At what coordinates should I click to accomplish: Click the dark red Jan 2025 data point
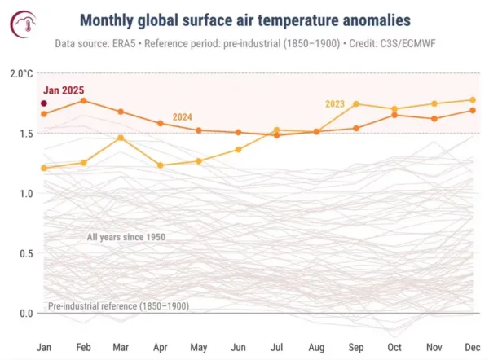coord(43,103)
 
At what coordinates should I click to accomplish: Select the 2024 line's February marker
coord(83,100)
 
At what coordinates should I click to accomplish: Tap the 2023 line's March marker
coord(121,138)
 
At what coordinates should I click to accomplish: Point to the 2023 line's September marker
coord(356,103)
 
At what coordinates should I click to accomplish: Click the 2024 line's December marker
coord(473,110)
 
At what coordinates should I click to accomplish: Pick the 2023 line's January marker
coord(44,168)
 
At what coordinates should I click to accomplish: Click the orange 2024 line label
coord(183,117)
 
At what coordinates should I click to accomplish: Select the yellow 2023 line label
coord(335,103)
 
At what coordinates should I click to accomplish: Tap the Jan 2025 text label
coord(64,90)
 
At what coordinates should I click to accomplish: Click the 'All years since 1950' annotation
coord(126,237)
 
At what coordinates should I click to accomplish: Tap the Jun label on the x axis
coord(239,347)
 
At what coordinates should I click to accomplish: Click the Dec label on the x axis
coord(473,347)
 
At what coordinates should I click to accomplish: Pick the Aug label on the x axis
coord(316,347)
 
